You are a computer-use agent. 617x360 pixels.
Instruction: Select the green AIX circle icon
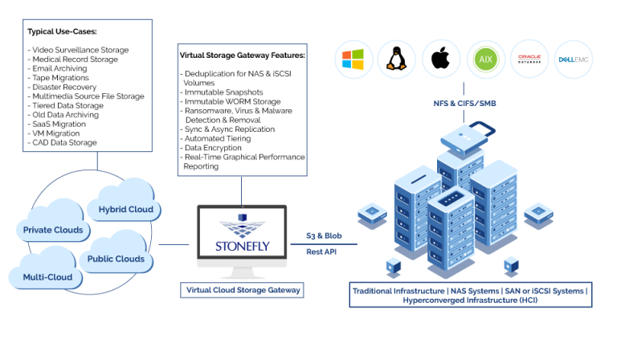(x=484, y=59)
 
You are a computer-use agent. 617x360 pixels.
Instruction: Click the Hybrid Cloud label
(x=125, y=209)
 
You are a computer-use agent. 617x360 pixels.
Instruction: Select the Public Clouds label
(x=116, y=259)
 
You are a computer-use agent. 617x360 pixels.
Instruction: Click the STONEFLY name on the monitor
(x=241, y=243)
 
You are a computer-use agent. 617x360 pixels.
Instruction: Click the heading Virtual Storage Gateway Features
(x=242, y=55)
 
